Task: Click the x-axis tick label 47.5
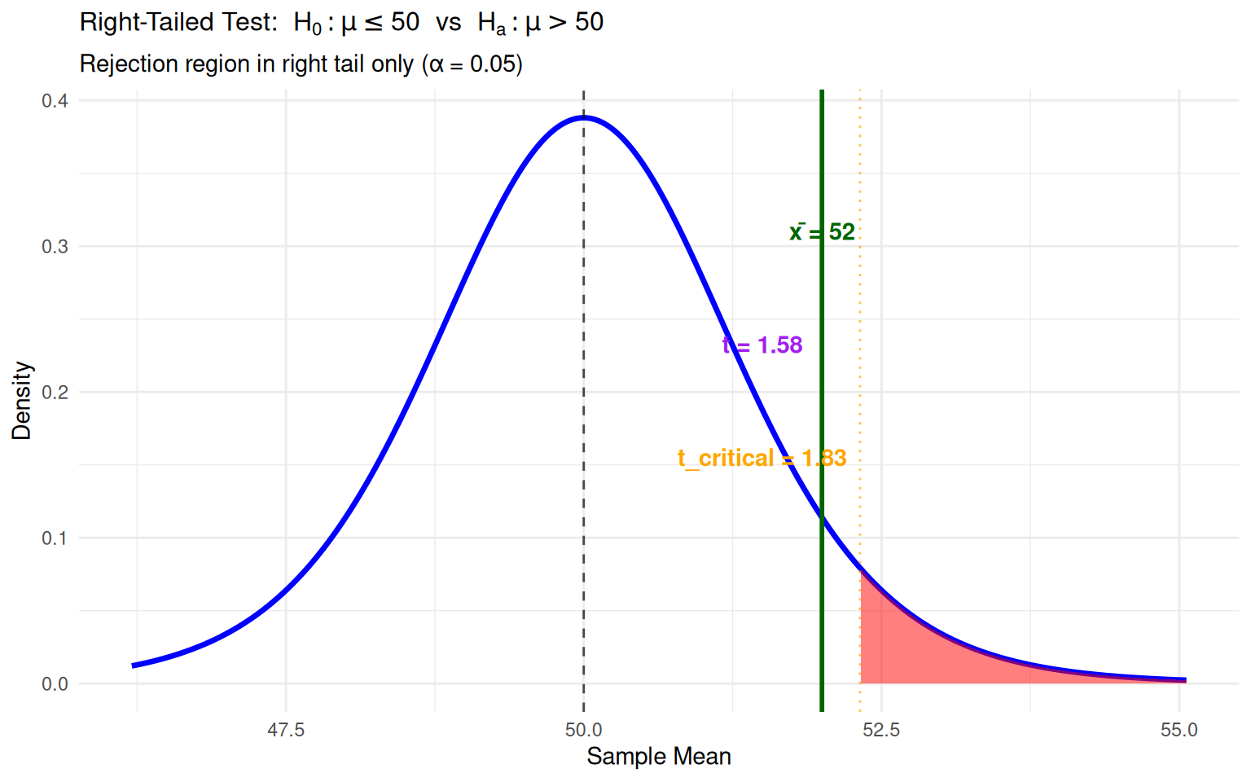[x=286, y=730]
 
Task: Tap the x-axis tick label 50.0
[x=583, y=730]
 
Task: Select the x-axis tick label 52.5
[x=881, y=730]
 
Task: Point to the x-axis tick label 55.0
[x=1179, y=730]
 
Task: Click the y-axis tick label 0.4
[x=55, y=101]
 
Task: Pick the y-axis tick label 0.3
[x=55, y=247]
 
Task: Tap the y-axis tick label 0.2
[x=55, y=393]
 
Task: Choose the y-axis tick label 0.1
[x=55, y=538]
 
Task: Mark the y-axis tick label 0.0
[x=55, y=684]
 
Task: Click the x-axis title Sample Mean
[x=658, y=757]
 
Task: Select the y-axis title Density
[x=21, y=401]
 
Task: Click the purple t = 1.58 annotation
[x=763, y=345]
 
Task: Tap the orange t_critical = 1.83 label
[x=762, y=459]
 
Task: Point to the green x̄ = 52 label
[x=822, y=232]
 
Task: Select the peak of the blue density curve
[x=584, y=118]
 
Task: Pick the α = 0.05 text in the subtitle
[x=474, y=64]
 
